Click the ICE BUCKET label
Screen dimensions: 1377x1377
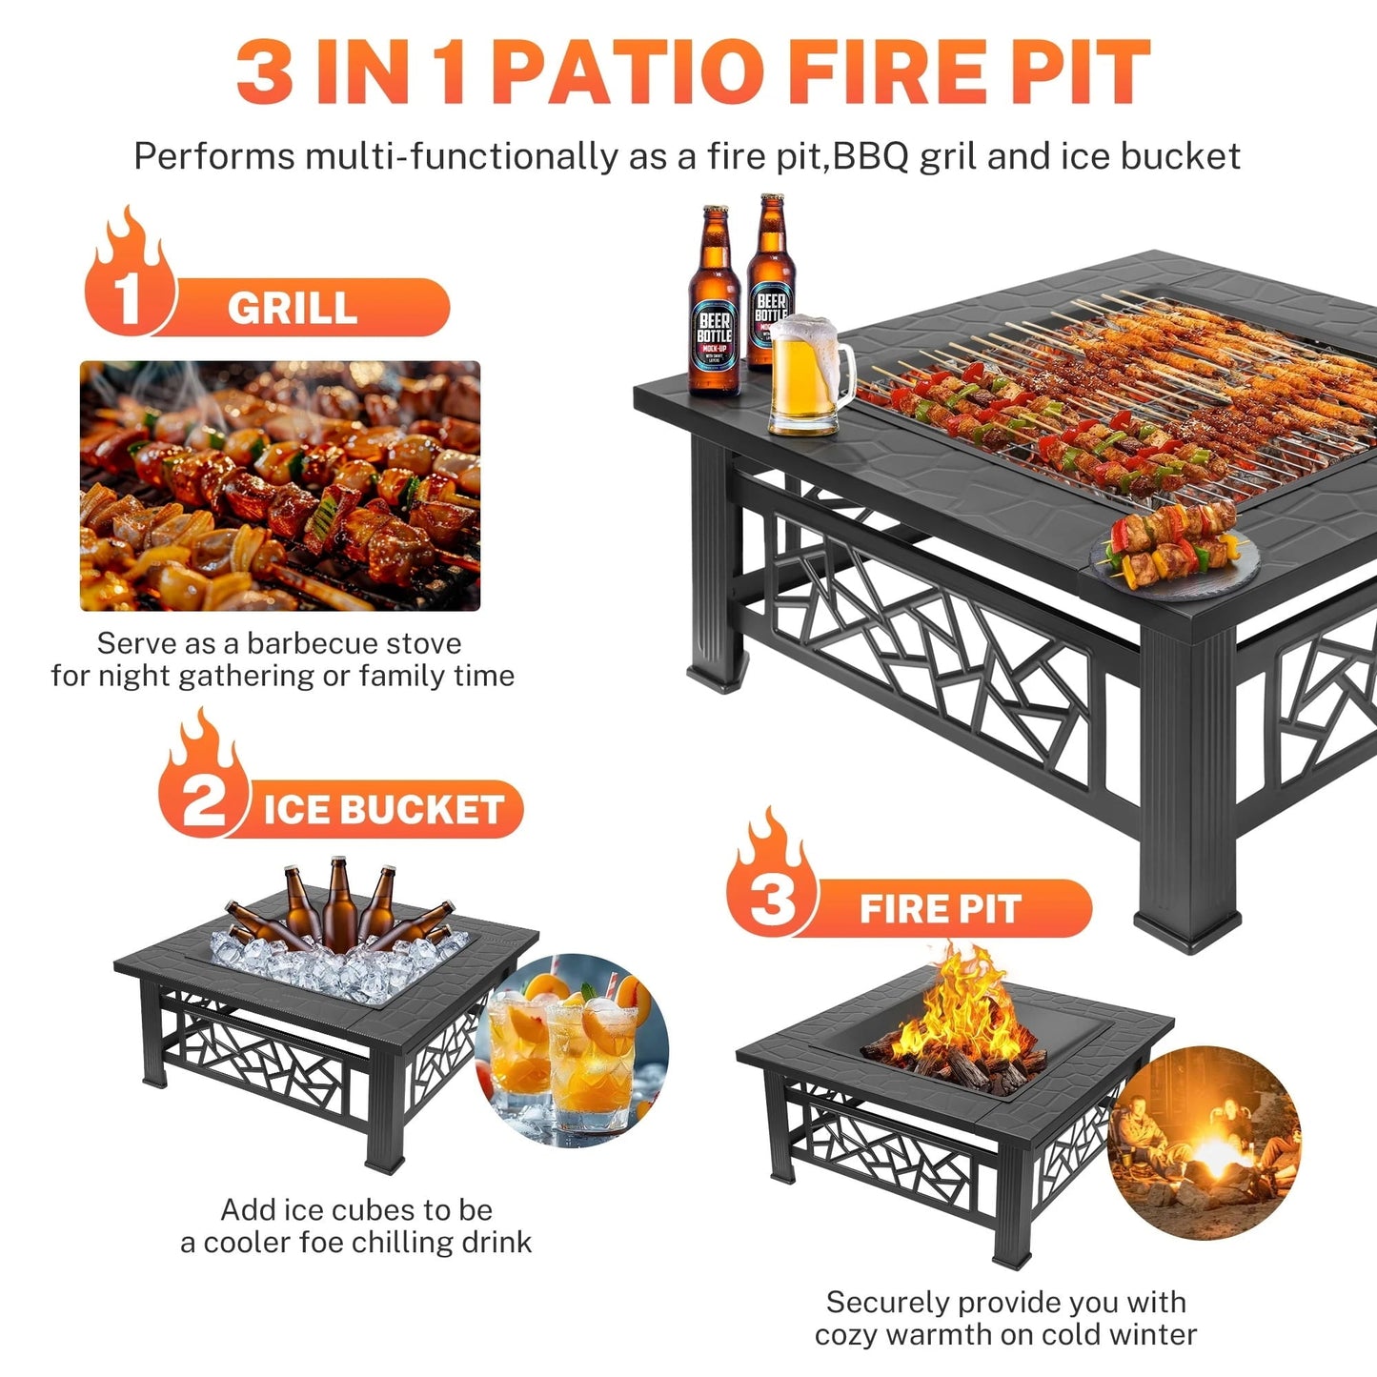tap(383, 810)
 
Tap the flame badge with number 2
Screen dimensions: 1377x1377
tap(202, 781)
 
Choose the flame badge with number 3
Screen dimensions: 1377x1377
tap(771, 881)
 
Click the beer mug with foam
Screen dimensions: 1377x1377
tap(807, 375)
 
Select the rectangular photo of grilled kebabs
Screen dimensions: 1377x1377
tap(280, 486)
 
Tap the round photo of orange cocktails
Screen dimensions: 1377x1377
tap(573, 1049)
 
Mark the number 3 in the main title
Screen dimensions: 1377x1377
tap(264, 72)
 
